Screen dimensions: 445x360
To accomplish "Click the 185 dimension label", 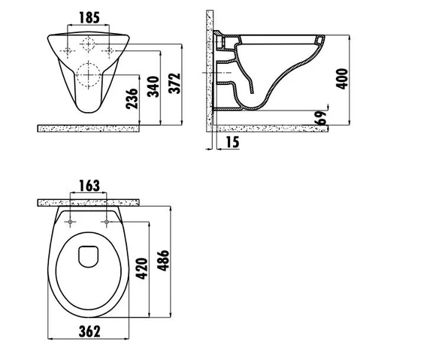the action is [89, 17].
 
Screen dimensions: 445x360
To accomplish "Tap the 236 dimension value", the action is [132, 98].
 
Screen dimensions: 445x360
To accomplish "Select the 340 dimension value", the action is [153, 86].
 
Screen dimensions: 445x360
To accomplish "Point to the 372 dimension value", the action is [174, 83].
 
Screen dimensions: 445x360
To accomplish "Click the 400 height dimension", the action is [341, 79].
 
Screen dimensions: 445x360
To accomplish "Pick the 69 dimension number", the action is [321, 118].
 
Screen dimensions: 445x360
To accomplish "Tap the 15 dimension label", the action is [233, 142].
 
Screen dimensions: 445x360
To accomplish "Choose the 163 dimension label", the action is [89, 186].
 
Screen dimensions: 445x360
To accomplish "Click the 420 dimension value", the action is [142, 268].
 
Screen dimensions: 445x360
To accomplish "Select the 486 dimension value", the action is [163, 261].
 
